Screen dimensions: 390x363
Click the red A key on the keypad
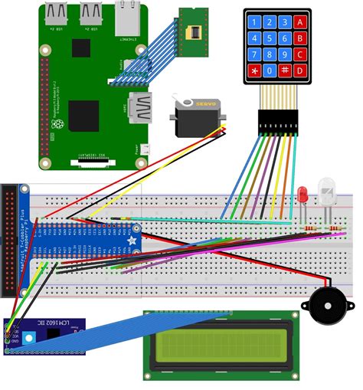pos(301,21)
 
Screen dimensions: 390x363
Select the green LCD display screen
pos(222,345)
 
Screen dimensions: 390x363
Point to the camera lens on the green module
pos(193,31)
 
